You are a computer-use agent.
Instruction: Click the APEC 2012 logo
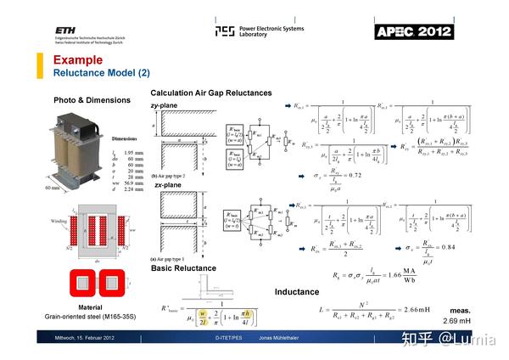[414, 31]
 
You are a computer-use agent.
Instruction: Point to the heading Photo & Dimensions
[92, 100]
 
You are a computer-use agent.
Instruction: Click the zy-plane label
[165, 105]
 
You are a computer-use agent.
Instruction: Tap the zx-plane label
[166, 184]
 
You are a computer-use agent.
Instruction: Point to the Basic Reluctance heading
[183, 268]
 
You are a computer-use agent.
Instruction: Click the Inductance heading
[297, 292]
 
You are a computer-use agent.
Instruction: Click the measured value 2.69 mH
[481, 322]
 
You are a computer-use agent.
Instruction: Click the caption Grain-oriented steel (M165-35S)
[91, 317]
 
